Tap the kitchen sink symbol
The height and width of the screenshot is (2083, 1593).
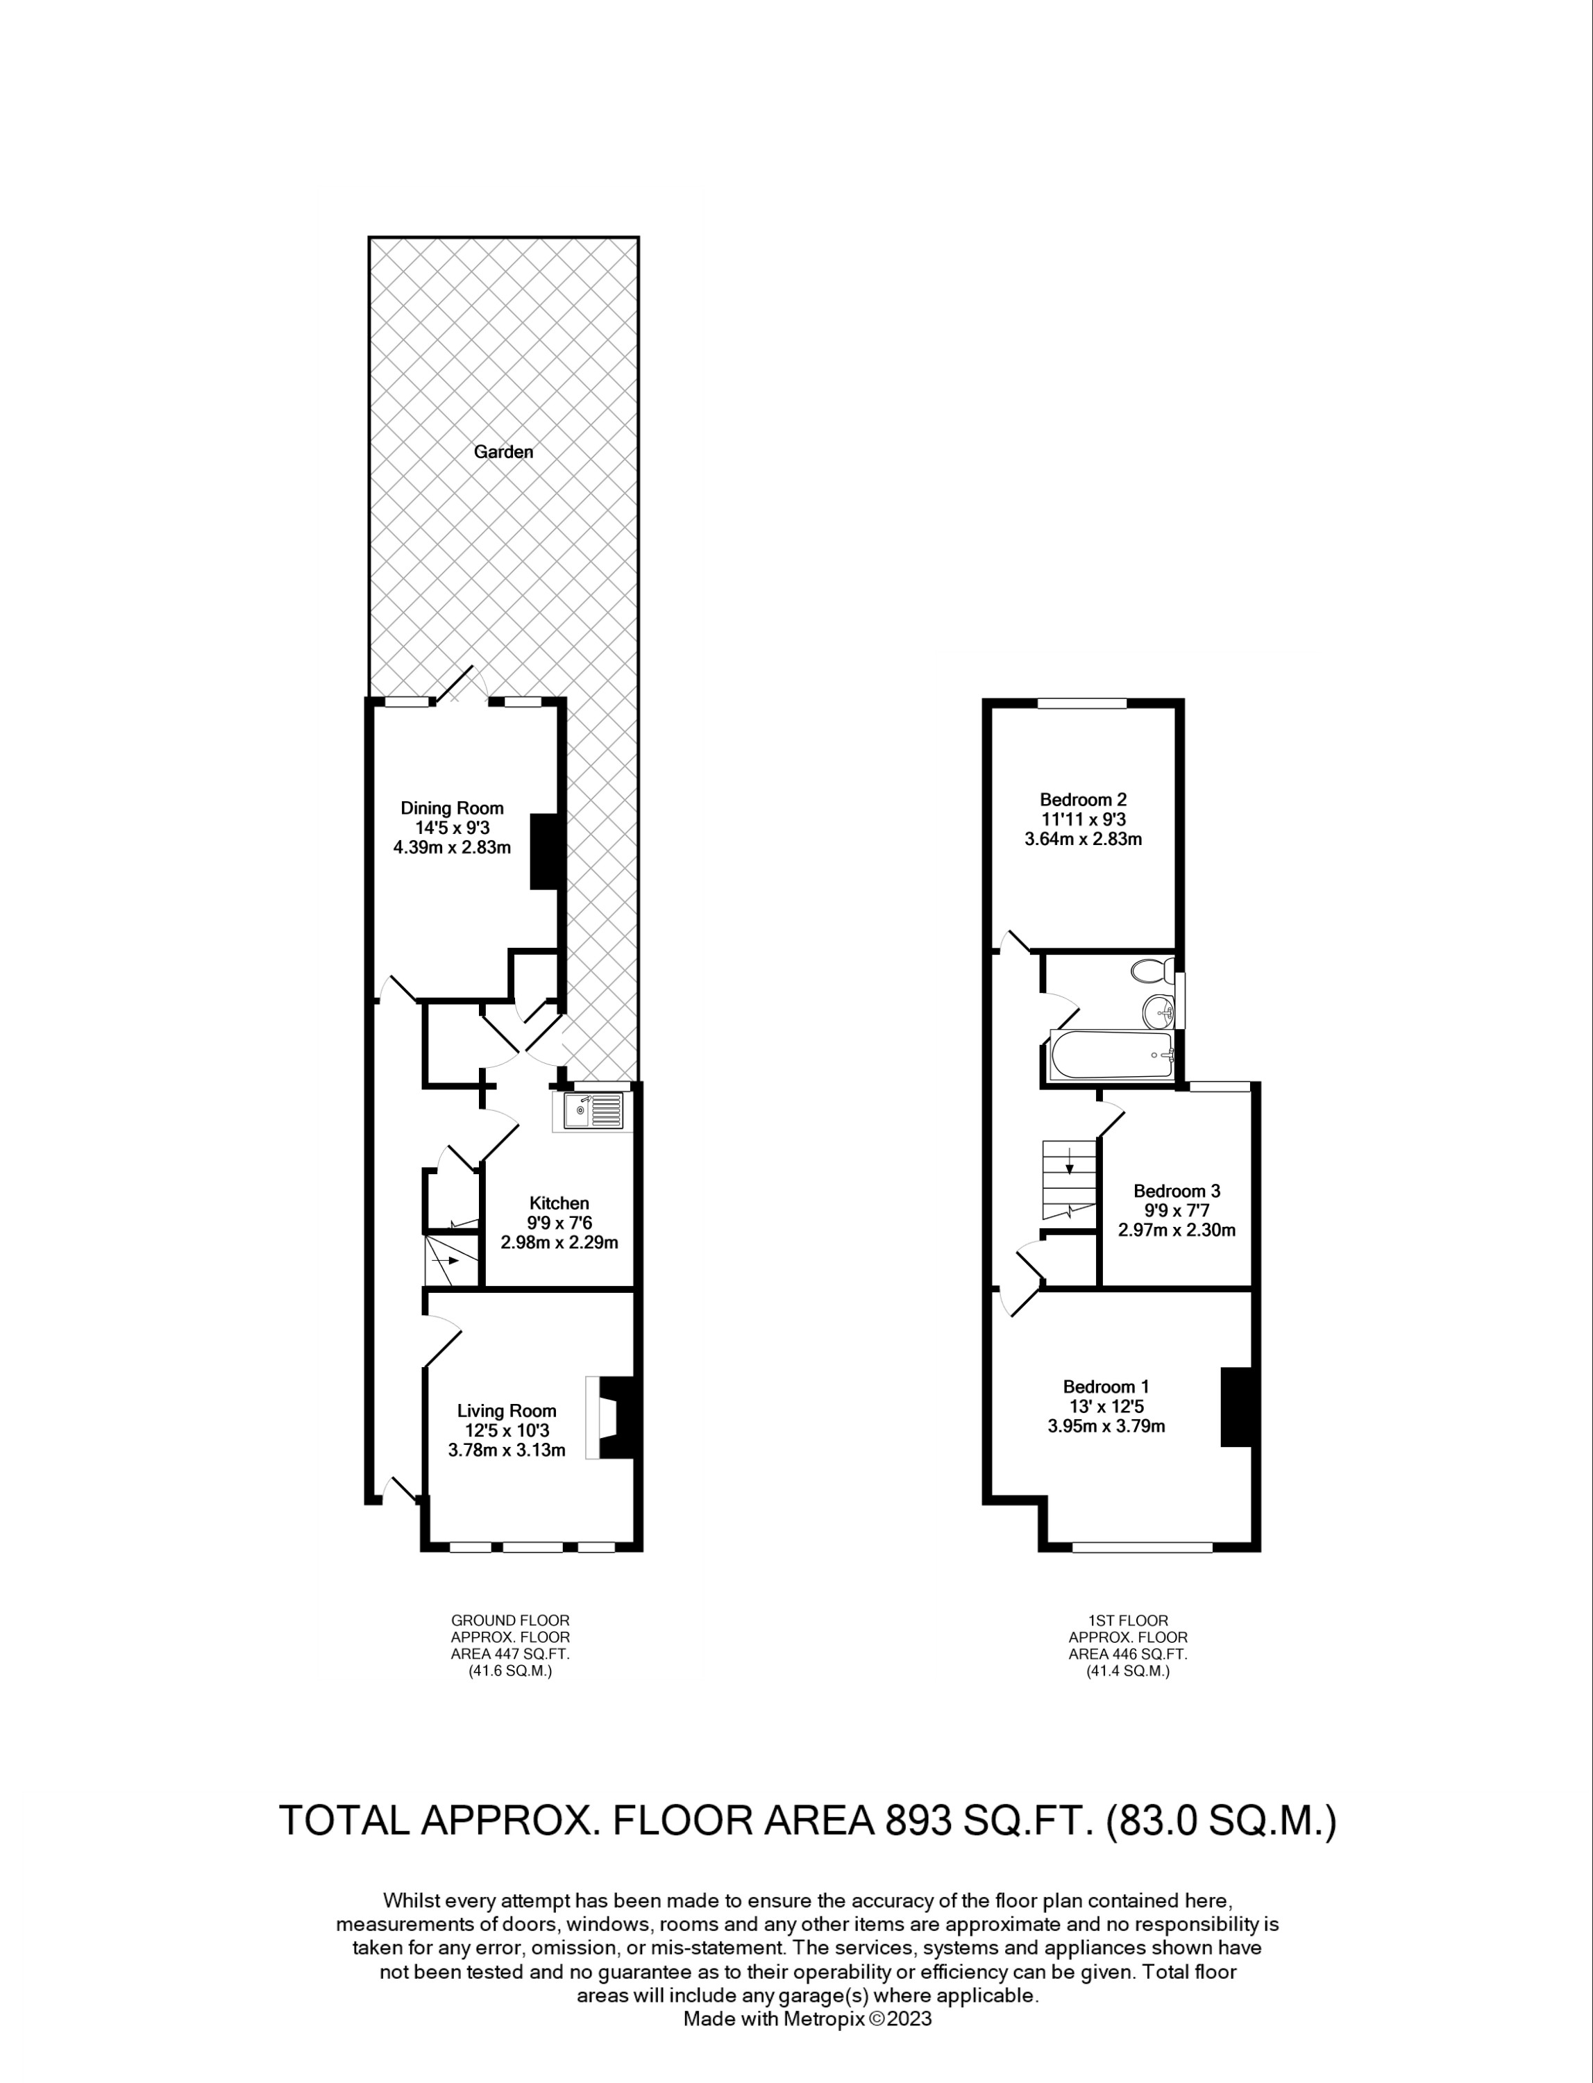click(591, 1110)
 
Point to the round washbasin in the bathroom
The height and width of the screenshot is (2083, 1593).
click(1158, 1012)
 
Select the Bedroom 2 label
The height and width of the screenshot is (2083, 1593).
click(1083, 800)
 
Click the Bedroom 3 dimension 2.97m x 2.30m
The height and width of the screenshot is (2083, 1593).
click(1176, 1230)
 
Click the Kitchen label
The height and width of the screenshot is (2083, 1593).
click(559, 1203)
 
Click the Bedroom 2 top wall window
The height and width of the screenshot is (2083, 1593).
click(1082, 703)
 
